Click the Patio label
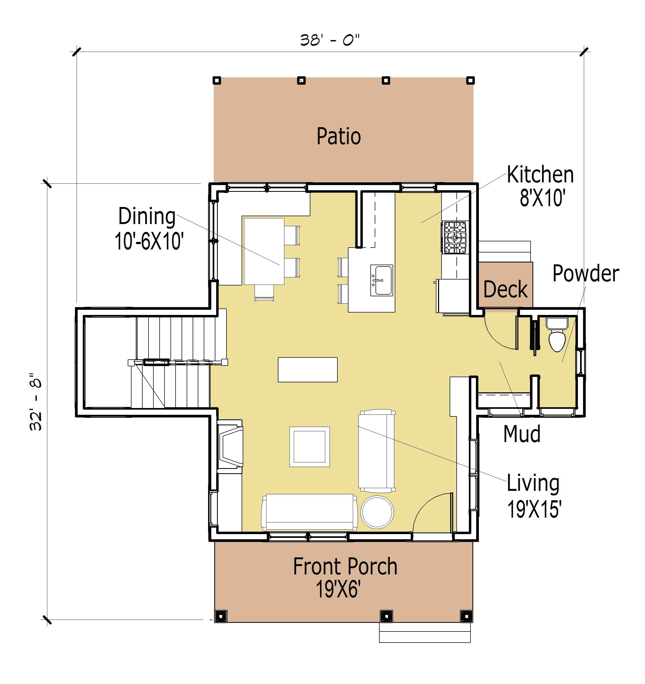coord(338,137)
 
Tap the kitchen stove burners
coord(455,237)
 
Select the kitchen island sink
coord(381,280)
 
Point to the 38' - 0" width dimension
coord(330,40)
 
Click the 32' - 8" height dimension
coord(35,401)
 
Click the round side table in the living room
coord(377,512)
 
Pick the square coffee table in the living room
coord(310,447)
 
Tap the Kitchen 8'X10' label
coord(540,186)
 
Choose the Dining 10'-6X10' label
coord(149,228)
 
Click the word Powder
coord(586,274)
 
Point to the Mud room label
coord(522,434)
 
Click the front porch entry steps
coord(425,632)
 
